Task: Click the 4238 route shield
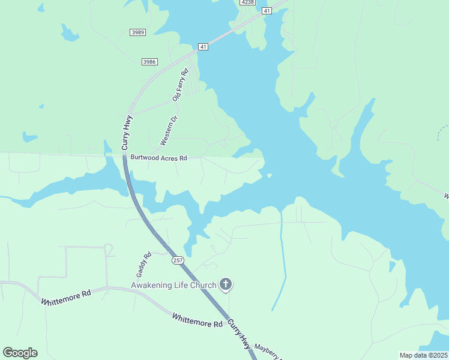(x=247, y=2)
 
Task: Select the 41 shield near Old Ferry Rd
(x=203, y=46)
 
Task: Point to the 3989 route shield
(x=137, y=32)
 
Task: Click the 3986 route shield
(x=149, y=61)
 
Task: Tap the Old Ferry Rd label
(x=180, y=85)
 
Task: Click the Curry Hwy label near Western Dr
(x=127, y=133)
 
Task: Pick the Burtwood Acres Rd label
(x=159, y=158)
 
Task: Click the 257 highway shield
(x=178, y=260)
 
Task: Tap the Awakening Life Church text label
(x=174, y=284)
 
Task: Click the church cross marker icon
(x=226, y=284)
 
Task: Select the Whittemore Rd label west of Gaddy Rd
(x=67, y=297)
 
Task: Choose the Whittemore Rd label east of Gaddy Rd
(x=197, y=320)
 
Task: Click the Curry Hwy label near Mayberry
(x=238, y=333)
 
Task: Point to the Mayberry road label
(x=268, y=351)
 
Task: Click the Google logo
(x=20, y=353)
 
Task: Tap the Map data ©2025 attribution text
(x=423, y=355)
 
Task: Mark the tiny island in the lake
(x=269, y=175)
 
